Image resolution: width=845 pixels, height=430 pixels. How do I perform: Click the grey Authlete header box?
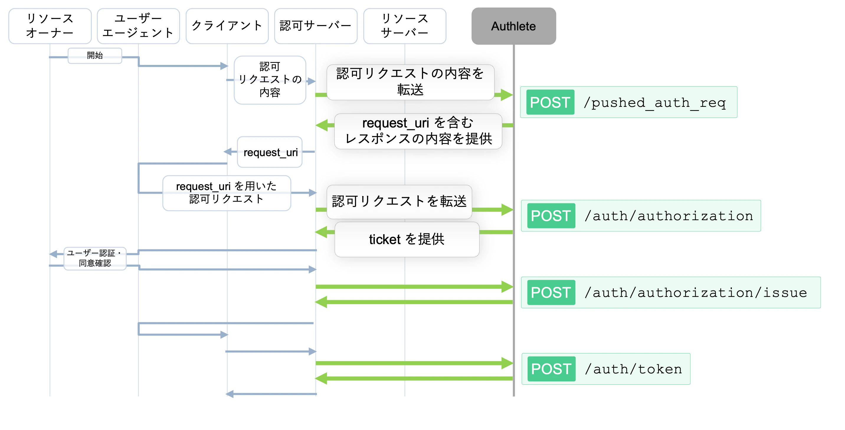point(513,26)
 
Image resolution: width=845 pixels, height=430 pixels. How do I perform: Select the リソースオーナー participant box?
point(50,26)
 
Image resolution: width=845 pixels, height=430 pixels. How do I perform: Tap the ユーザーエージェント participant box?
point(138,26)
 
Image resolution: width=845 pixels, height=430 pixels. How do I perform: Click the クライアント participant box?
point(227,26)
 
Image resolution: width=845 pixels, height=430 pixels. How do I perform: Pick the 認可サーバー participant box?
point(316,26)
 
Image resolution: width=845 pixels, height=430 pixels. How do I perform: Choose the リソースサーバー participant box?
point(405,26)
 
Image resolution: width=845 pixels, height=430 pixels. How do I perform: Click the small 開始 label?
point(95,55)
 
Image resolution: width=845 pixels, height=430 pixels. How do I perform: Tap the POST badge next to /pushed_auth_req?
point(550,102)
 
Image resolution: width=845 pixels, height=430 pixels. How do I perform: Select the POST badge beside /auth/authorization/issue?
point(551,292)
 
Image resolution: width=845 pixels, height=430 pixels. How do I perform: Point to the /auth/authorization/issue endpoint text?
point(696,292)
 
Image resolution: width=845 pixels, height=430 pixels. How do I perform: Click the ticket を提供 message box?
point(407,239)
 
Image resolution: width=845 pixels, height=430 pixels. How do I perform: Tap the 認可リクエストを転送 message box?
point(399,202)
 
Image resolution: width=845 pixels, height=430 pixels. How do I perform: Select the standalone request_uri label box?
point(270,152)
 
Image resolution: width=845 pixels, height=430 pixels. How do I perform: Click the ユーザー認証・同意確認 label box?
point(95,258)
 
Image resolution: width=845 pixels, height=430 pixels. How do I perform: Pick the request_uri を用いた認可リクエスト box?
point(226,193)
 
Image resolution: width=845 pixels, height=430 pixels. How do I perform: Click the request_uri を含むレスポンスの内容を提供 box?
point(418,131)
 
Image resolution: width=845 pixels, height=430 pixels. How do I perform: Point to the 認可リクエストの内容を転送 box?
point(410,82)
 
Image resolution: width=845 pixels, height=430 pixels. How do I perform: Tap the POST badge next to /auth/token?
point(551,369)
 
